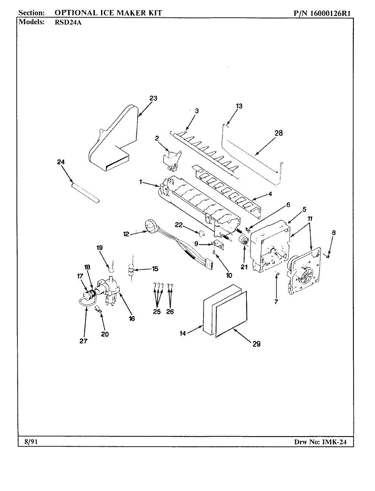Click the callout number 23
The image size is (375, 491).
coord(153,99)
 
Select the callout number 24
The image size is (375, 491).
coord(61,162)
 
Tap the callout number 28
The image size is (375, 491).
coord(279,133)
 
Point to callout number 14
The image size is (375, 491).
coord(183,333)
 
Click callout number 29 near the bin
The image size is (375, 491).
coord(256,344)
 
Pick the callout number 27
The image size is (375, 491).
coord(84,341)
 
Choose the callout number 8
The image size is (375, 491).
coord(333,233)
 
